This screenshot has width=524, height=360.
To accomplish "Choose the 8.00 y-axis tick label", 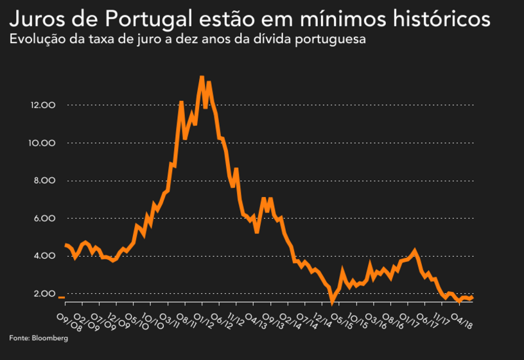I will pyautogui.click(x=45, y=180).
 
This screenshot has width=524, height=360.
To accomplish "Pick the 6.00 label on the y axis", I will pyautogui.click(x=45, y=218).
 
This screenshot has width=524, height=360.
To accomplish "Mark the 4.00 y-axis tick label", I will pyautogui.click(x=45, y=256).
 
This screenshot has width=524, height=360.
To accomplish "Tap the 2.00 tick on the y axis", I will pyautogui.click(x=45, y=294).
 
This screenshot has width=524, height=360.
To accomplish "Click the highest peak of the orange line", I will pyautogui.click(x=202, y=78).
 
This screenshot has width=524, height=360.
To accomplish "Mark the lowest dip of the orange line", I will pyautogui.click(x=332, y=303).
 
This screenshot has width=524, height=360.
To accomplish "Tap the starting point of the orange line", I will pyautogui.click(x=65, y=244).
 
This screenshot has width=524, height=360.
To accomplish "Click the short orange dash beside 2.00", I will pyautogui.click(x=62, y=298).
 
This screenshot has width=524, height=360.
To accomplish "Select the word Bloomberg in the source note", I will pyautogui.click(x=49, y=338).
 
